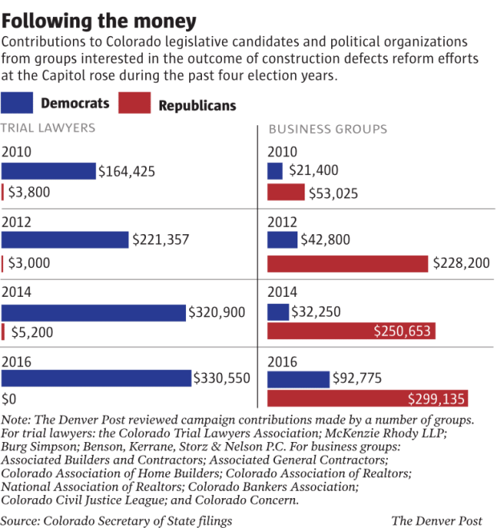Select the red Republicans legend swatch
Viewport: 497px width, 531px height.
pos(134,103)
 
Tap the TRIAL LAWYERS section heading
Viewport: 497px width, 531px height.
pos(49,128)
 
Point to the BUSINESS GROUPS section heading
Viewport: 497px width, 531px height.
pos(328,129)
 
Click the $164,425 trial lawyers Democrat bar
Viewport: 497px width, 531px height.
pos(48,171)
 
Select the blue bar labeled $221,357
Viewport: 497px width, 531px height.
pos(65,240)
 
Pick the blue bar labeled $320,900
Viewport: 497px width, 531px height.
pos(93,312)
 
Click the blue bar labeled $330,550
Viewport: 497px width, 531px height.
pos(96,378)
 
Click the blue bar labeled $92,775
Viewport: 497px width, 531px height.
pos(298,379)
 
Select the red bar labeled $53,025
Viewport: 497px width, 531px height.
pos(285,193)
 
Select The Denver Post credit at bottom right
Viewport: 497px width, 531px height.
pos(439,521)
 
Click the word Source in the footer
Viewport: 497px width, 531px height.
pos(22,521)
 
